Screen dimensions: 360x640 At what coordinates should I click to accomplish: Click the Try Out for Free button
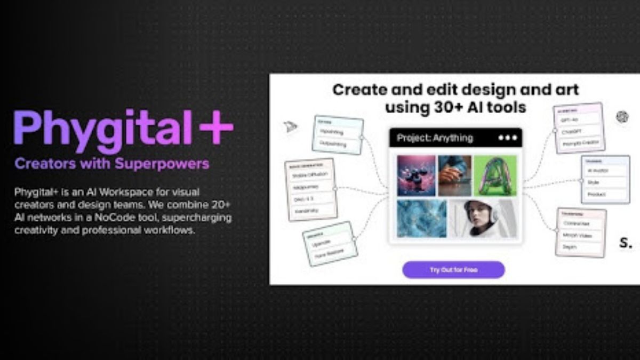[453, 270]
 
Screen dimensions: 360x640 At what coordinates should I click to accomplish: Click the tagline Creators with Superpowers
[112, 164]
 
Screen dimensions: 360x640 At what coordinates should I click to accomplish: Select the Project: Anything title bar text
[435, 138]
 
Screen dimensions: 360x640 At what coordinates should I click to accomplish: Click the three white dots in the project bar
[507, 138]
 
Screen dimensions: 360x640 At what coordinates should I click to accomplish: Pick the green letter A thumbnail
[495, 175]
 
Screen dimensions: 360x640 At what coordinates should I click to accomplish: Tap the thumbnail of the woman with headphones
[483, 219]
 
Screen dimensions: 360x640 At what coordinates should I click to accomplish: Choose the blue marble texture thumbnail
[422, 219]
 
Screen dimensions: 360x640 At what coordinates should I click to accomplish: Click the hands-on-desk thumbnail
[454, 175]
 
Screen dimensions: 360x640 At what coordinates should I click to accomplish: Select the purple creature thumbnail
[416, 175]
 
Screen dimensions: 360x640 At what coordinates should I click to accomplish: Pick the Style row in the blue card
[593, 182]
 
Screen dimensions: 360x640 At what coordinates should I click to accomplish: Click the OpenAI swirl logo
[622, 117]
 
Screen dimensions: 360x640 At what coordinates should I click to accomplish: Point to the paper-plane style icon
[291, 126]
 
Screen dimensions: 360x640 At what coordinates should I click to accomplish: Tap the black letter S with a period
[626, 243]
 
